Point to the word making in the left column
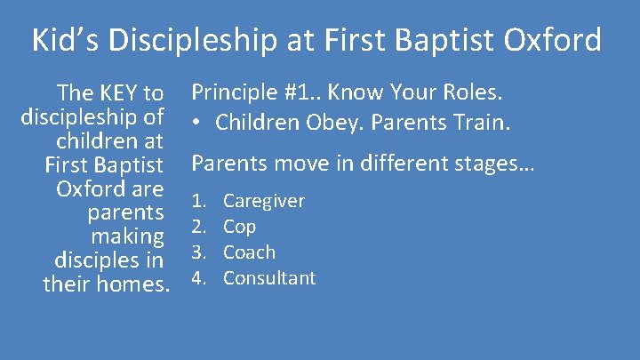click(128, 237)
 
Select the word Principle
click(232, 92)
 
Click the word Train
click(481, 120)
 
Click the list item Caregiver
click(263, 201)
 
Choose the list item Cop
click(239, 228)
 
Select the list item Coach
click(249, 252)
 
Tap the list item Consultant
click(269, 278)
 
